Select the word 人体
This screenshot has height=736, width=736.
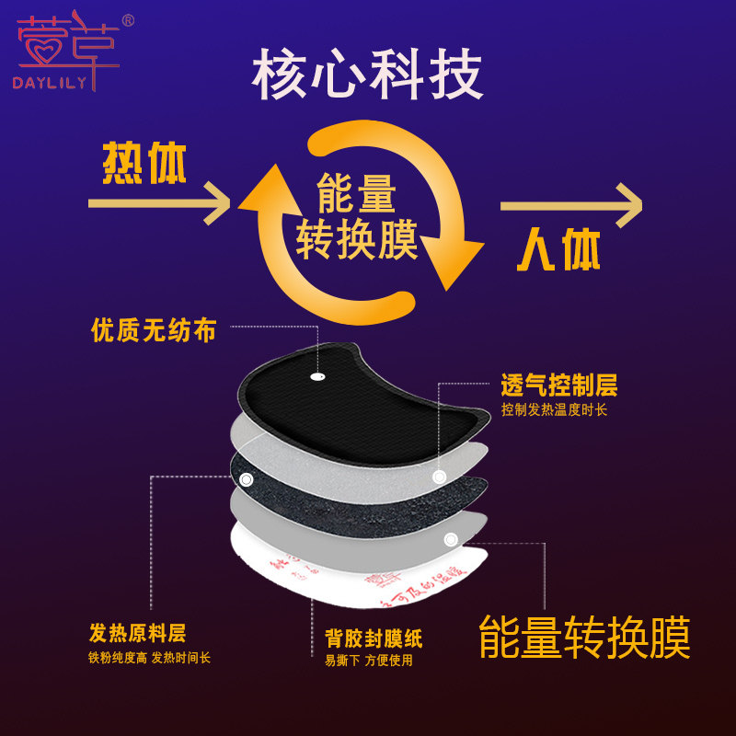pyautogui.click(x=558, y=249)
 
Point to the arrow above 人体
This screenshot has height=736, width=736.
pyautogui.click(x=570, y=205)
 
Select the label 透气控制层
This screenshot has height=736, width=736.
pyautogui.click(x=558, y=385)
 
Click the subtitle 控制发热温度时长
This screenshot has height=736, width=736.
pyautogui.click(x=554, y=410)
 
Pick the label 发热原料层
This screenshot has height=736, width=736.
pyautogui.click(x=137, y=633)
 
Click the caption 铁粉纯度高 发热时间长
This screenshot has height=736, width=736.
pyautogui.click(x=149, y=658)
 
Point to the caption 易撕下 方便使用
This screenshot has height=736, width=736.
pyautogui.click(x=369, y=660)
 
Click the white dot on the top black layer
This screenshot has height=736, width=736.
pyautogui.click(x=318, y=376)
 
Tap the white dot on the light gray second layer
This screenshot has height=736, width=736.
pyautogui.click(x=440, y=476)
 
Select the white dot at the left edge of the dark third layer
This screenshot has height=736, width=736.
pyautogui.click(x=246, y=479)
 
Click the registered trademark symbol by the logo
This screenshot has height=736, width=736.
pyautogui.click(x=128, y=19)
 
